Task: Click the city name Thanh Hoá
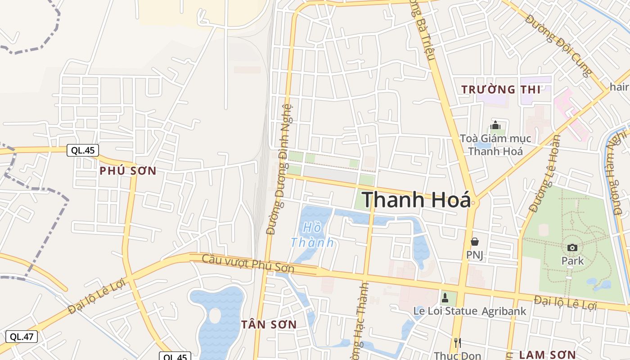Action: tap(416, 199)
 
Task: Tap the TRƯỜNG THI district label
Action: tap(501, 90)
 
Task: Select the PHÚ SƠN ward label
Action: tap(128, 171)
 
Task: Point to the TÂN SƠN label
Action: tap(269, 324)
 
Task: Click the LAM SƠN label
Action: tap(547, 355)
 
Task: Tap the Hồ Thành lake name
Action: tap(312, 235)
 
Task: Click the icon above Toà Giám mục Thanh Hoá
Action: tap(495, 125)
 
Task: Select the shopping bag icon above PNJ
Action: tap(474, 242)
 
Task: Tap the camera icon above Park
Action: tap(572, 247)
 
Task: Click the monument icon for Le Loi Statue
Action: tap(445, 297)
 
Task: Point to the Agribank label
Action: tap(504, 311)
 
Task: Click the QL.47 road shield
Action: tap(22, 336)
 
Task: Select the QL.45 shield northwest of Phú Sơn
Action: tap(83, 150)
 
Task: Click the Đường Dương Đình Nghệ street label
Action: tap(279, 169)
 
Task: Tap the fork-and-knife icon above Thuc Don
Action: tap(457, 343)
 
